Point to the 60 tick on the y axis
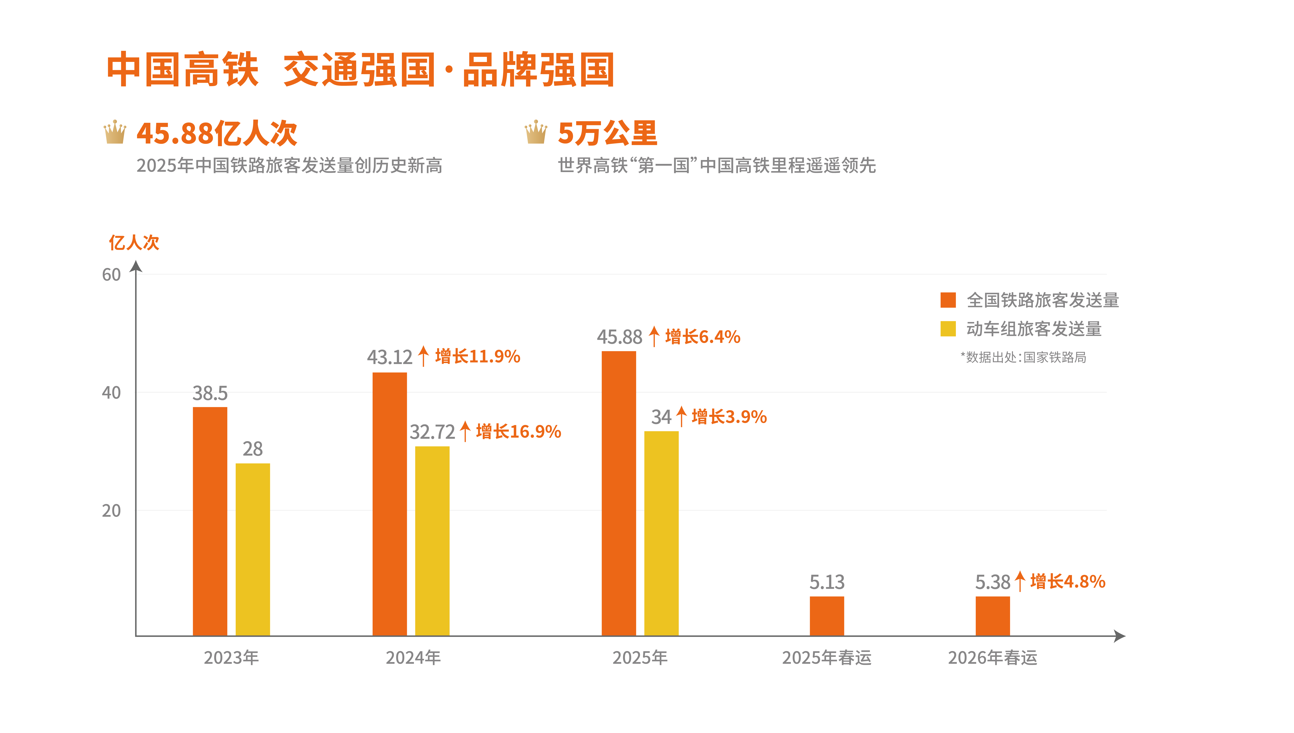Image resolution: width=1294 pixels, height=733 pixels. click(111, 275)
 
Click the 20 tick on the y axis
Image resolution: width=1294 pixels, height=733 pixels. click(111, 510)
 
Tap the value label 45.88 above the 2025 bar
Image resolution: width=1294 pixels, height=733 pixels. click(619, 337)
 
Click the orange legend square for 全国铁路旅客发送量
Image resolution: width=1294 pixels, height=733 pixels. click(948, 300)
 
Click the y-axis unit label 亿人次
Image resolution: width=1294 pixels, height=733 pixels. click(134, 243)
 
